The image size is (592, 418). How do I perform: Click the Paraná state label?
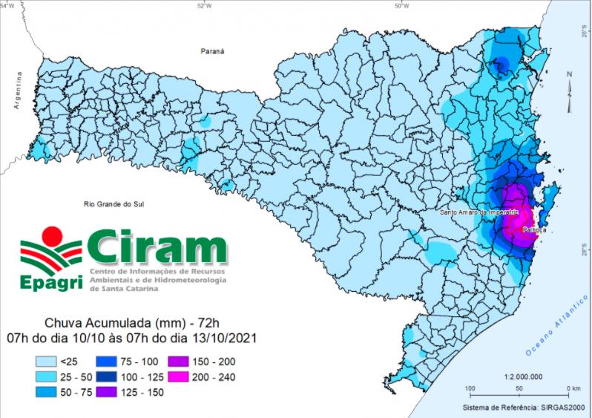(x=212, y=51)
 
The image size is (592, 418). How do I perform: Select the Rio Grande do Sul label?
(x=112, y=203)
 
